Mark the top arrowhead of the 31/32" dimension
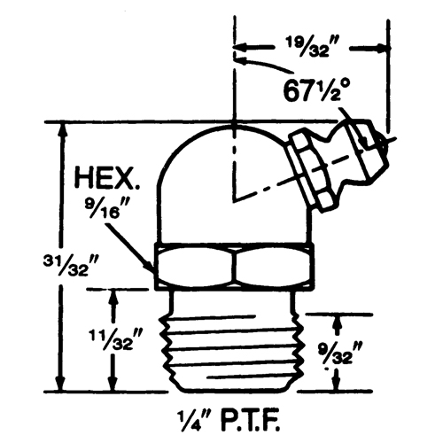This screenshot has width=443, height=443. tap(61, 126)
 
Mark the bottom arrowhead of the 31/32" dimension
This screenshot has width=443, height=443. tap(61, 386)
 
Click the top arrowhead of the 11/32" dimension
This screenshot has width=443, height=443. tap(112, 293)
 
